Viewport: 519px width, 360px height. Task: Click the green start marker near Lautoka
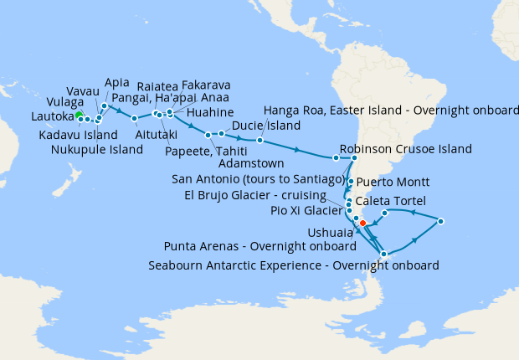(x=78, y=115)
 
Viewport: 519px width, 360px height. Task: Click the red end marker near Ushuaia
(x=362, y=224)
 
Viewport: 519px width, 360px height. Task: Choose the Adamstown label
(x=252, y=162)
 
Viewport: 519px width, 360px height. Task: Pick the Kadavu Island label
(x=78, y=134)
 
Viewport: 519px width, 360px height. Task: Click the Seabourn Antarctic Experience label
(x=293, y=266)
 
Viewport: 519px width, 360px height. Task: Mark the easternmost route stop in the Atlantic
(x=440, y=221)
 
